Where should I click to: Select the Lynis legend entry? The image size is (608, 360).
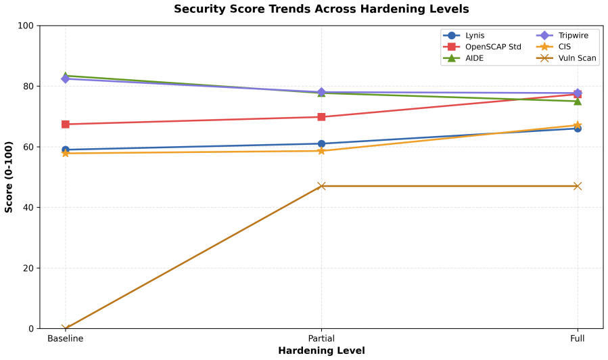(x=464, y=35)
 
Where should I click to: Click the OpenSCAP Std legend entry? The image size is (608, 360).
(x=482, y=47)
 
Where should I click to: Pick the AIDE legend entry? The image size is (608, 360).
(x=464, y=58)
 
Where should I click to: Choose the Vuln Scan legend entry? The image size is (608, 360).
(x=567, y=58)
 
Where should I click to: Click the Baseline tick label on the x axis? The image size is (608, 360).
(x=65, y=338)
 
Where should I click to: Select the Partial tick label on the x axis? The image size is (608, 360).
(x=321, y=338)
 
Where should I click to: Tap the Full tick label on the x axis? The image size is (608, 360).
(x=577, y=338)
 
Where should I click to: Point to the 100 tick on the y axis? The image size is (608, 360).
(x=25, y=26)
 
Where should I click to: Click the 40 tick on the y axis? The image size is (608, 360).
(x=28, y=208)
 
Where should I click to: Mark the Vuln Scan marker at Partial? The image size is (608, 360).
(x=321, y=186)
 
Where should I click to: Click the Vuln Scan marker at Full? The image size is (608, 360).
(x=578, y=186)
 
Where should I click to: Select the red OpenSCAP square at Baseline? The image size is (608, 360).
(x=66, y=124)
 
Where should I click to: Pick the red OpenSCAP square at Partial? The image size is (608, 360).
(x=321, y=117)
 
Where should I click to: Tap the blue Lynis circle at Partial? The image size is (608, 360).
(x=321, y=144)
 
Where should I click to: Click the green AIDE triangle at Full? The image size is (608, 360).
(x=578, y=102)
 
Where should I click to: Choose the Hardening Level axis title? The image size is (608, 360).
(x=321, y=351)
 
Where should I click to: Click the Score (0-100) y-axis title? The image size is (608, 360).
(x=9, y=177)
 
